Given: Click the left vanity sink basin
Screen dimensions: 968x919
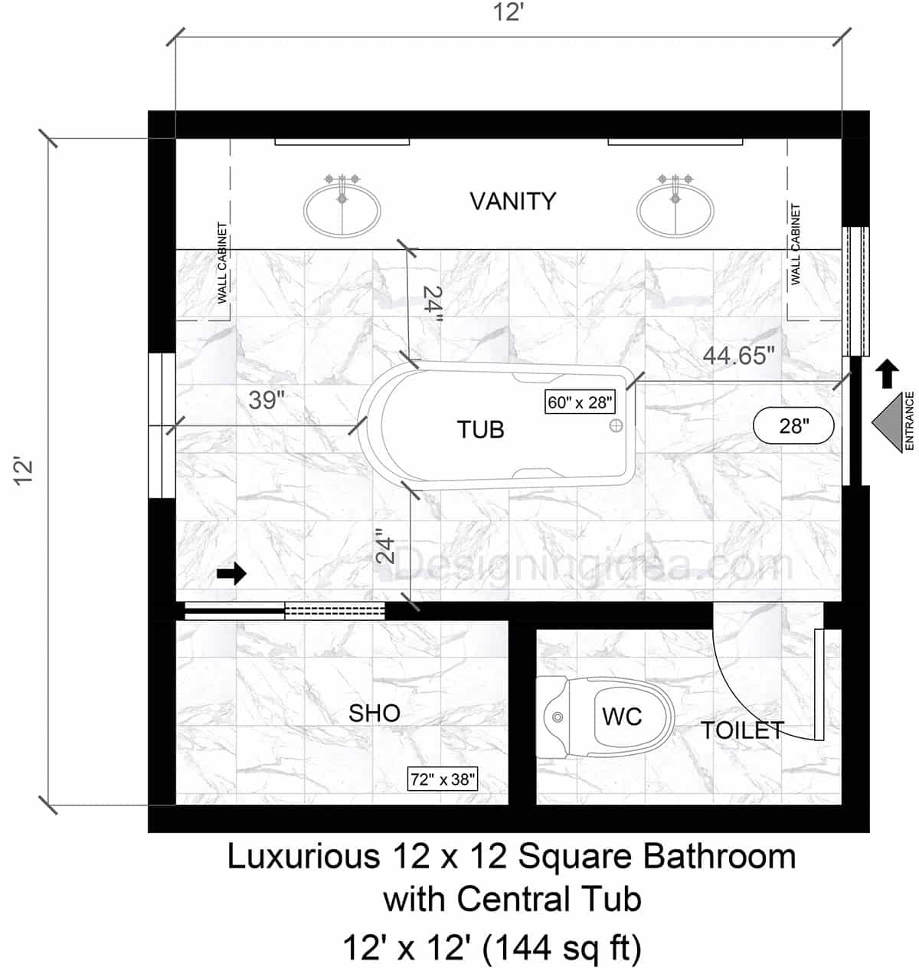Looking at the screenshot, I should pos(342,209).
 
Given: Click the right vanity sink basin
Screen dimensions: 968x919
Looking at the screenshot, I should pos(675,209).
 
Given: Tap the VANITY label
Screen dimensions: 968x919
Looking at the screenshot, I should pos(512,202).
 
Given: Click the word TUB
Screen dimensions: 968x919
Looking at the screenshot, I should pos(480,430).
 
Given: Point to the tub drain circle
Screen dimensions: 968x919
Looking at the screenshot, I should pos(616,425).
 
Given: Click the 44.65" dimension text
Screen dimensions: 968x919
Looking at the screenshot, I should pos(739,355).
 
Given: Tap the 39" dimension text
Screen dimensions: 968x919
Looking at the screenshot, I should pos(267,400).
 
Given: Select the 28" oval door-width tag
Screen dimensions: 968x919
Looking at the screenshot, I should pos(794,425).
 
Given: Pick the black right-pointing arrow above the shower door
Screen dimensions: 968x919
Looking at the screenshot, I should pos(231,573).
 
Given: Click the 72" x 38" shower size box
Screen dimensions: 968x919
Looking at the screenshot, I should pos(443,779).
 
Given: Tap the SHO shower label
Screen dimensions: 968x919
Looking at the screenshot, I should pos(374,714).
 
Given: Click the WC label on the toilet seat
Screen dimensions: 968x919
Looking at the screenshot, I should pos(622,717).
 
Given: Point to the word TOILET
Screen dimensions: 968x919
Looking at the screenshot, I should pos(742,730).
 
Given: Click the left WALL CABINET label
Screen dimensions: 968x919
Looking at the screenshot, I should pos(223,262).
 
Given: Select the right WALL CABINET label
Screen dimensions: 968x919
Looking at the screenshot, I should pos(796,244).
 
